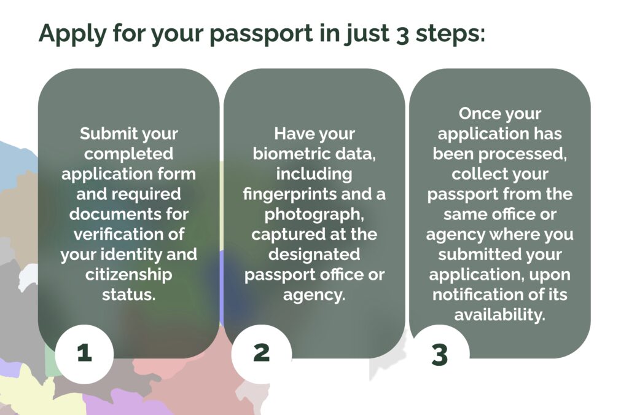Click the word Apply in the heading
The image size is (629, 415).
pyautogui.click(x=72, y=34)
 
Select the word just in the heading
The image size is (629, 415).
pyautogui.click(x=367, y=34)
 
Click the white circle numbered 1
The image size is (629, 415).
pyautogui.click(x=84, y=354)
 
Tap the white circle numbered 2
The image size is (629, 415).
pyautogui.click(x=262, y=354)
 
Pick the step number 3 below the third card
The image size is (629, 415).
pyautogui.click(x=440, y=355)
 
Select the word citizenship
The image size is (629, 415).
pyautogui.click(x=129, y=275)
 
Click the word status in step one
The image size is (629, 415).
pyautogui.click(x=129, y=294)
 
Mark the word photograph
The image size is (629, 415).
pyautogui.click(x=314, y=215)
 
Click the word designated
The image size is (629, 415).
pyautogui.click(x=314, y=255)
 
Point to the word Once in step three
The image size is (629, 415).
pyautogui.click(x=477, y=114)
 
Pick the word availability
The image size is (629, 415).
pyautogui.click(x=500, y=315)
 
